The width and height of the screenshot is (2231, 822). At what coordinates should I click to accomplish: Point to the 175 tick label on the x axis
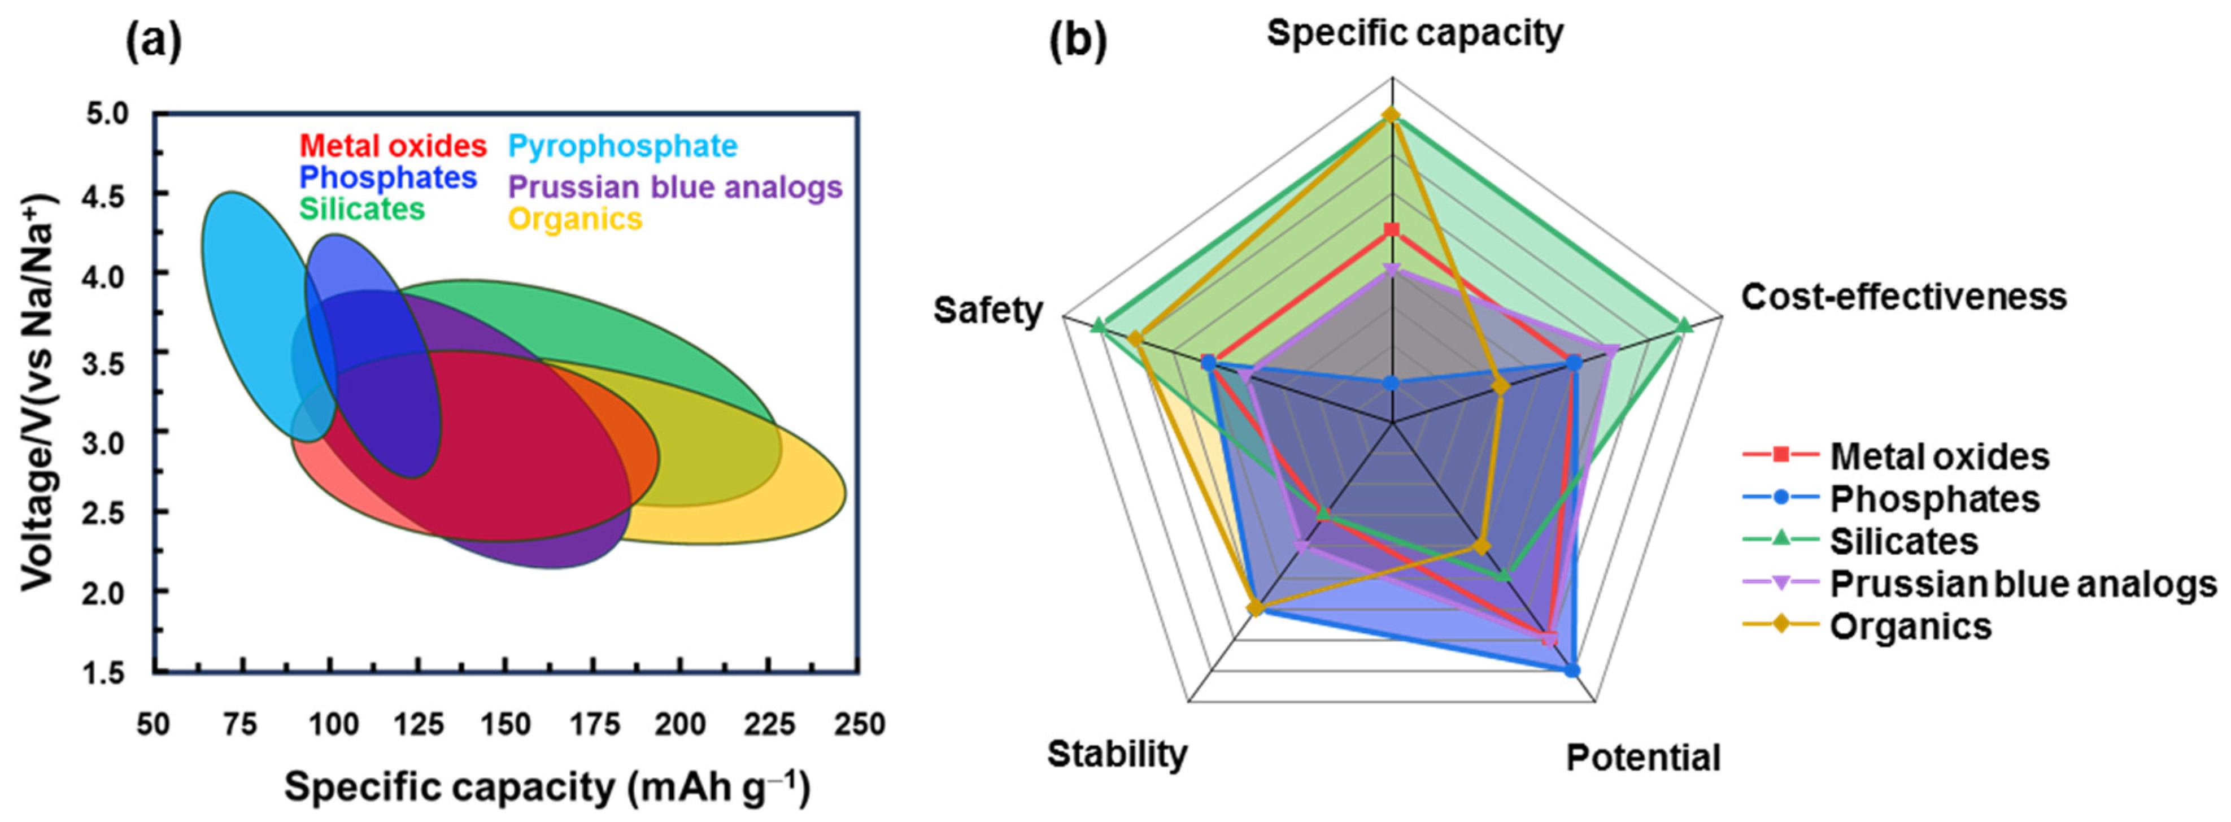point(592,724)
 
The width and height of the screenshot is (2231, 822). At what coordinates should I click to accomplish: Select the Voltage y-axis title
point(39,393)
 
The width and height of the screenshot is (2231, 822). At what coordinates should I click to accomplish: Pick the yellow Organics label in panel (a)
point(575,219)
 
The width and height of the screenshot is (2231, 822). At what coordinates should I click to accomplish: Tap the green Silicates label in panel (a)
point(362,208)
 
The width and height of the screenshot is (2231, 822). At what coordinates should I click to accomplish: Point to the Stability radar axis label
point(1117,754)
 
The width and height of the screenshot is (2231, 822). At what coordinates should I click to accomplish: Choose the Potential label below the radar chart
point(1643,758)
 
